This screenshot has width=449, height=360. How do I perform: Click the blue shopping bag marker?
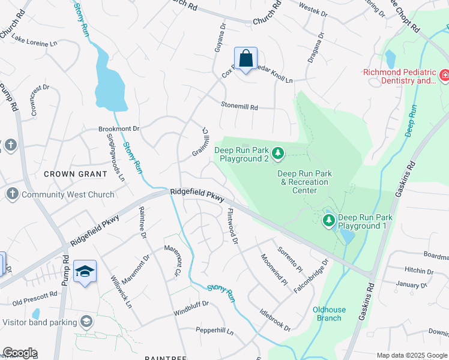[246, 59]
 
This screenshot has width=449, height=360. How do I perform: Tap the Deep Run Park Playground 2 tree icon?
[278, 154]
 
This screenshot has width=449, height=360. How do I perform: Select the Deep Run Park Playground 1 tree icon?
[328, 221]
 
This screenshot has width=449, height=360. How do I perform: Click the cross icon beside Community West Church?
[11, 194]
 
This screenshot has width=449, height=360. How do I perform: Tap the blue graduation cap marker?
[85, 272]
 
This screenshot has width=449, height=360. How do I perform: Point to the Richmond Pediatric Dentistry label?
[399, 76]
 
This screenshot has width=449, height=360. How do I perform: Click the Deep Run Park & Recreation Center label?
[304, 182]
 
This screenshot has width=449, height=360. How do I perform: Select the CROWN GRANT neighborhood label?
[70, 174]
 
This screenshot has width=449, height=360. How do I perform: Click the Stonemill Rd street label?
[239, 107]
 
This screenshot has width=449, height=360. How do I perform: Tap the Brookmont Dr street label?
[119, 129]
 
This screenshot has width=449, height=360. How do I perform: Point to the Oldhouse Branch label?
[329, 314]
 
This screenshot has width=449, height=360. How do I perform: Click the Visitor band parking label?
[40, 322]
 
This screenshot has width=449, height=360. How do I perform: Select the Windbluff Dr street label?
[190, 304]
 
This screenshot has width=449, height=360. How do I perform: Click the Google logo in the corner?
[20, 353]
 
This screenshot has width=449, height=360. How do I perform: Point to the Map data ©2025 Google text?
[411, 355]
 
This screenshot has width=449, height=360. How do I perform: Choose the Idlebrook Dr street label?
[274, 320]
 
